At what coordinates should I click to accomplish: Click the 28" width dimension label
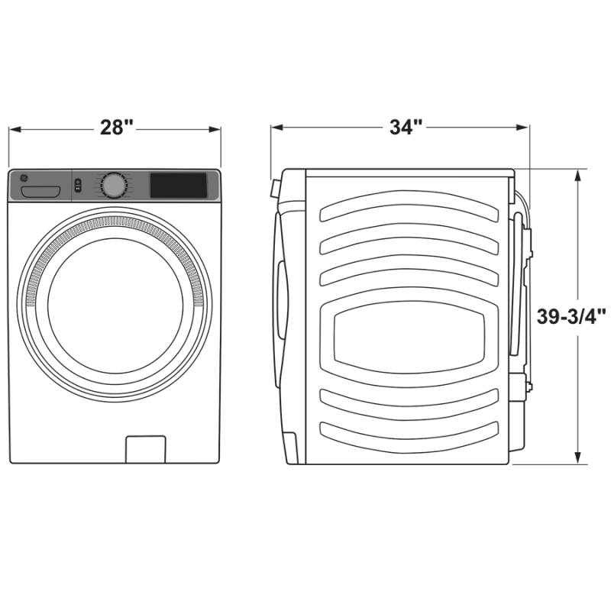coord(116,128)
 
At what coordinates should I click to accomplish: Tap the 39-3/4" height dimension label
coord(571,317)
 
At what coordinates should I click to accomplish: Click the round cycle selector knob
coord(114,186)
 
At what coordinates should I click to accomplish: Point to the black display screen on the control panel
coord(178,184)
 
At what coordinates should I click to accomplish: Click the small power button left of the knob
coord(78,186)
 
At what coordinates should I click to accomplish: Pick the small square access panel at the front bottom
coord(145,449)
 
